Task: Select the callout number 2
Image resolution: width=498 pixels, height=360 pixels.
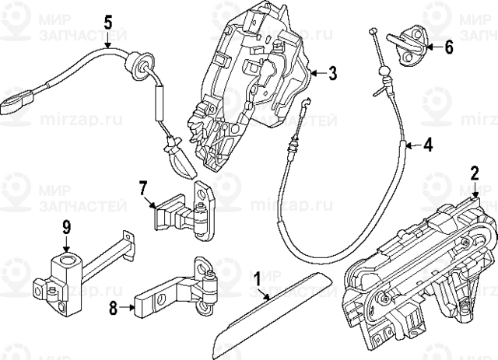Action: [474, 173]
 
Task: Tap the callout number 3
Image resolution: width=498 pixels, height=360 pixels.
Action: [332, 74]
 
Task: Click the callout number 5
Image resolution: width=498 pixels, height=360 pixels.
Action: [108, 21]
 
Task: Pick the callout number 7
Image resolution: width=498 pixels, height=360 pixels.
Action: [143, 187]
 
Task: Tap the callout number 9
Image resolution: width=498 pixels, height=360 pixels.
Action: [66, 227]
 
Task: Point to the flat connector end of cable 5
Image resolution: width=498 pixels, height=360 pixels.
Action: [17, 102]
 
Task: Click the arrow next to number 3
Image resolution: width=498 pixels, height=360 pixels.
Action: [316, 74]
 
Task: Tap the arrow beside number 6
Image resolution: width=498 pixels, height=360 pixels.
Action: [433, 47]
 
